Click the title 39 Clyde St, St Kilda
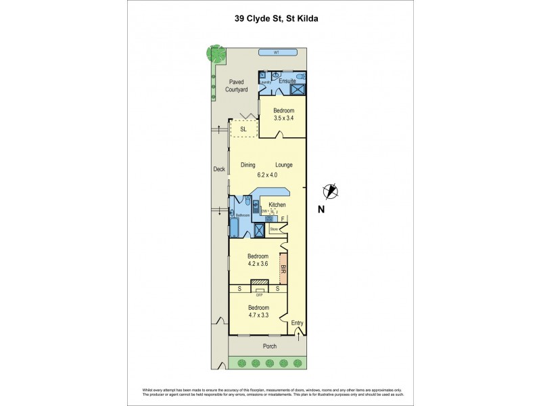pyautogui.click(x=270, y=20)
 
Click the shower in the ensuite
pyautogui.click(x=297, y=87)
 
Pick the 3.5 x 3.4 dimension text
pyautogui.click(x=283, y=118)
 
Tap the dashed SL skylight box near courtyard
pyautogui.click(x=243, y=129)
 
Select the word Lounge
pyautogui.click(x=283, y=164)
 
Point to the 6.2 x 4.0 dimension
pyautogui.click(x=265, y=174)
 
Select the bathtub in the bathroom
pyautogui.click(x=234, y=224)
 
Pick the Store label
pyautogui.click(x=274, y=229)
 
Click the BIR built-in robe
pyautogui.click(x=283, y=271)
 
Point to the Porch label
pyautogui.click(x=269, y=346)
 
